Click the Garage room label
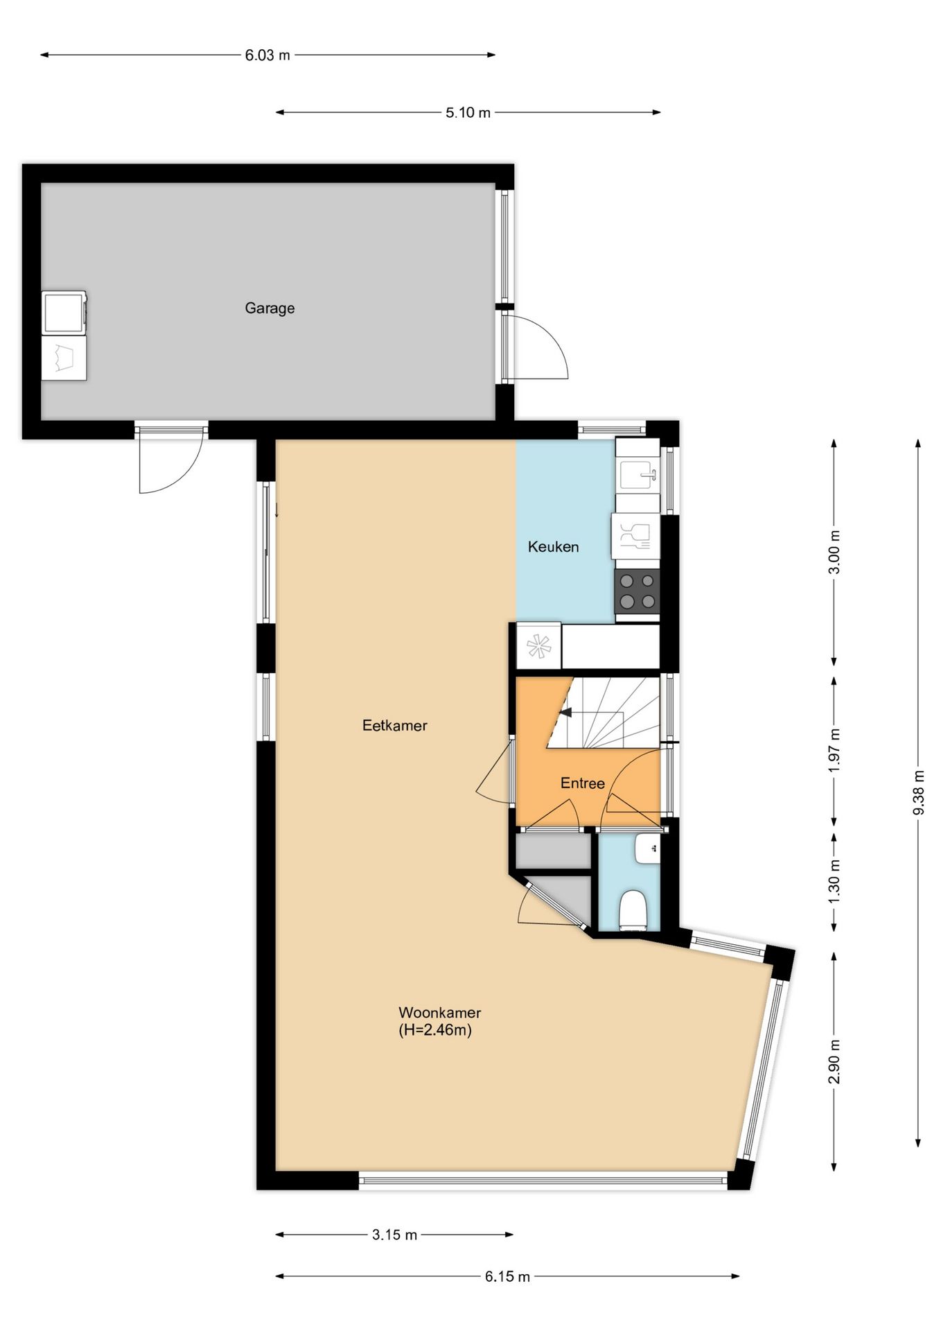point(270,308)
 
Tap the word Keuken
point(553,547)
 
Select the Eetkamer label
point(395,726)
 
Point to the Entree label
point(583,783)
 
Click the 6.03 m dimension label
point(267,55)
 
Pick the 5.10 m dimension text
point(468,112)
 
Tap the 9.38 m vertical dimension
point(918,792)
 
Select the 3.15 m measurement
point(394,1235)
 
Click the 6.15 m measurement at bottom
point(507,1276)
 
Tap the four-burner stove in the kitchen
point(637,591)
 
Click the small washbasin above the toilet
point(647,848)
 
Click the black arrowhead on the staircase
point(565,711)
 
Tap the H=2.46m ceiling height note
point(435,1030)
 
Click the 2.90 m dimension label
point(834,1061)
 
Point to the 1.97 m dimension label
point(834,751)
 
